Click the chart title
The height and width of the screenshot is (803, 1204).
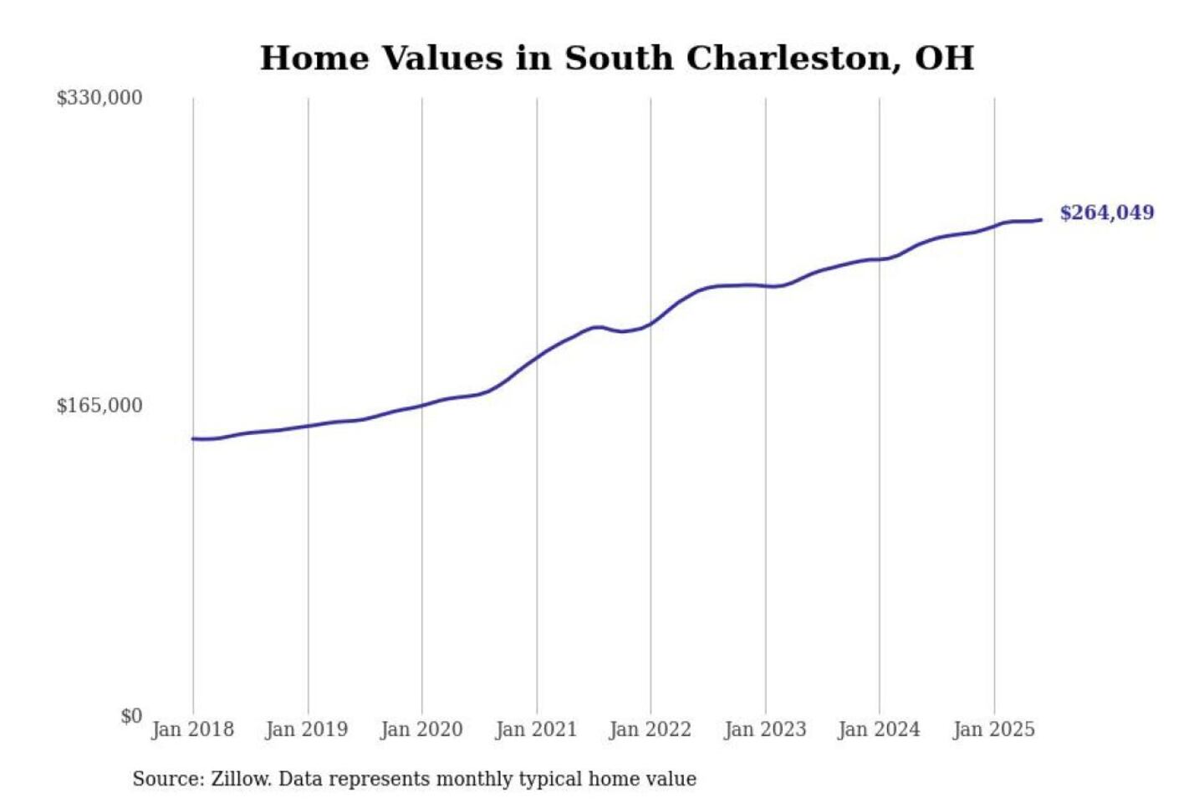[x=617, y=59]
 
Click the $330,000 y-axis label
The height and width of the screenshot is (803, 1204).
[x=99, y=98]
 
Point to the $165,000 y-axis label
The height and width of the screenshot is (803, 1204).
[x=99, y=406]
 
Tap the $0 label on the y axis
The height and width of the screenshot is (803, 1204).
[x=130, y=716]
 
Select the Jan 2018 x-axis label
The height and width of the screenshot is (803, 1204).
[x=192, y=729]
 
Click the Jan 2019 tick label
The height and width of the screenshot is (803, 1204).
[x=307, y=729]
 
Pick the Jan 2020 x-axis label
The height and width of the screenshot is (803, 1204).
[x=421, y=729]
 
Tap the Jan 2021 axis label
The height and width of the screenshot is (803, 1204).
[x=536, y=729]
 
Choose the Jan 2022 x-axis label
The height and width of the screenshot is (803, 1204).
[x=650, y=729]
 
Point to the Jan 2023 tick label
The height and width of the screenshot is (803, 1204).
[x=765, y=729]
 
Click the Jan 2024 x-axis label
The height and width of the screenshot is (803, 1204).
[x=879, y=729]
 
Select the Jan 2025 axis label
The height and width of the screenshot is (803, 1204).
[x=994, y=729]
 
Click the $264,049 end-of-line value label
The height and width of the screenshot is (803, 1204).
[x=1107, y=212]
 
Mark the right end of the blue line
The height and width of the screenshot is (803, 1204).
[x=1041, y=220]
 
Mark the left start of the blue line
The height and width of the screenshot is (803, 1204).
[x=193, y=438]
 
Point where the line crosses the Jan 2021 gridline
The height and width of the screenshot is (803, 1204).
[x=537, y=356]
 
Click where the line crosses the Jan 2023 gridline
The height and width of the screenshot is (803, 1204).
[x=765, y=286]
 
